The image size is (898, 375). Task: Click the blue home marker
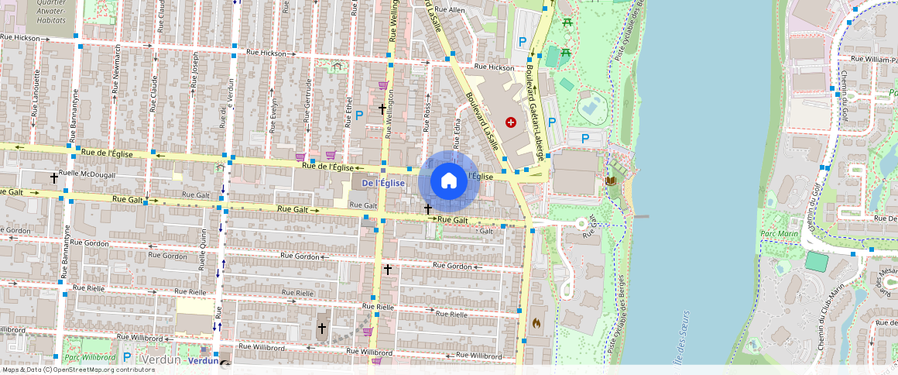(448, 182)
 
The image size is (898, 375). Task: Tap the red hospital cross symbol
(510, 122)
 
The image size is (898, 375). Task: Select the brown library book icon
(612, 181)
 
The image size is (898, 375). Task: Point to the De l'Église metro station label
(383, 183)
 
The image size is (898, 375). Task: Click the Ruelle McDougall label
(87, 175)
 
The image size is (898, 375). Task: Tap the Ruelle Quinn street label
(204, 253)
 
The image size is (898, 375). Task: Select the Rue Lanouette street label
(36, 98)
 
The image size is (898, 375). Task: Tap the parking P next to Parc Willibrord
(126, 357)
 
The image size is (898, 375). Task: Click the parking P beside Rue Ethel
(359, 115)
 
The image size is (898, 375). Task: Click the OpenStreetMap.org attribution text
(78, 370)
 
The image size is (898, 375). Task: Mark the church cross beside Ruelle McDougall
(54, 178)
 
